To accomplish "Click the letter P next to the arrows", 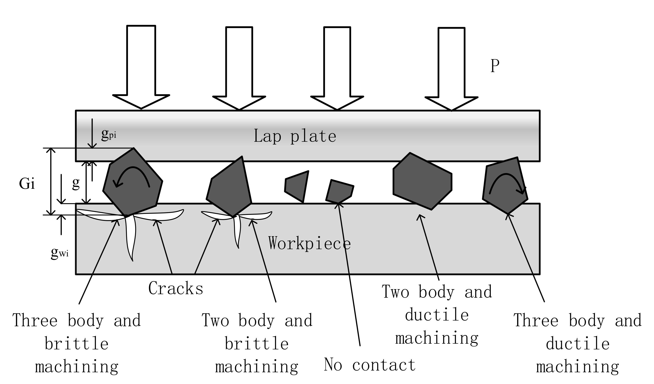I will point(495,66).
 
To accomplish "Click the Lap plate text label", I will point(294,136).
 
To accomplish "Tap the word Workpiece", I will point(309,243).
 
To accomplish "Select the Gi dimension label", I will point(27,184).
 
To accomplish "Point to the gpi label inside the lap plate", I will point(109,134).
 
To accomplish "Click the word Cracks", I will point(176,288).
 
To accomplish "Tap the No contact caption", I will point(369,365).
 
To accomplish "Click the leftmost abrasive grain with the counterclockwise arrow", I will point(132,185).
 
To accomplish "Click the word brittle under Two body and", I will point(256,343).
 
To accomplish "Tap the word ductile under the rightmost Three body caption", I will point(577,343).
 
